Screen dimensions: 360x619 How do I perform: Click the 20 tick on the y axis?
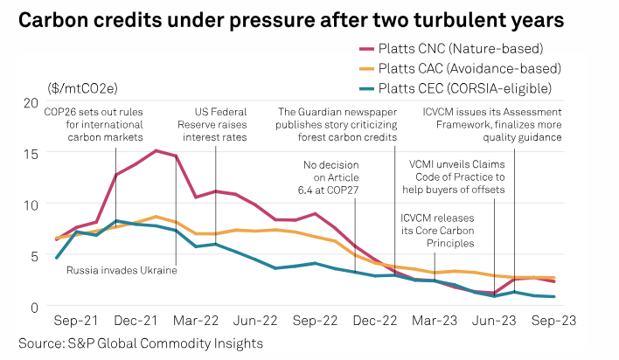click(x=31, y=103)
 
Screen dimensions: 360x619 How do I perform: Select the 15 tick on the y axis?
click(x=31, y=154)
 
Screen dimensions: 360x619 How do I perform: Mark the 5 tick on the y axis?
click(x=35, y=256)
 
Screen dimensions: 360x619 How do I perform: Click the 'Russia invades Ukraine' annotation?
click(x=122, y=271)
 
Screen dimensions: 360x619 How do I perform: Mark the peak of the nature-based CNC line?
click(x=156, y=150)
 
